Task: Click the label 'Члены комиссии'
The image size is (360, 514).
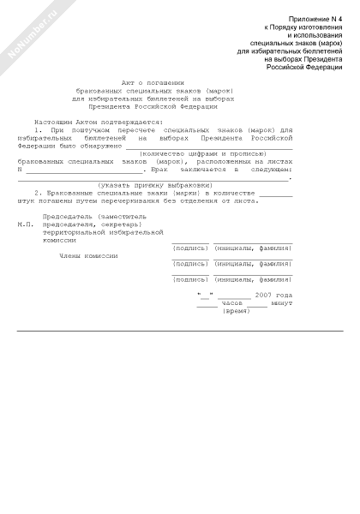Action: pyautogui.click(x=88, y=255)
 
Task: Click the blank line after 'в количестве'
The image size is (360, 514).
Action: pyautogui.click(x=276, y=194)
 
